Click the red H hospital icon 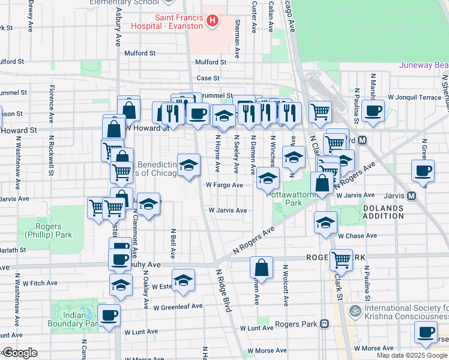[211, 22]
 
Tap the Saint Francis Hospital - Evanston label [179, 22]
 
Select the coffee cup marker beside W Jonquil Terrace [373, 111]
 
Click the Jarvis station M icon [412, 196]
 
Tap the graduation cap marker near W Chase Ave [325, 223]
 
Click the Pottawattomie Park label [284, 199]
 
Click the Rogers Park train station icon [324, 324]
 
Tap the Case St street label [208, 78]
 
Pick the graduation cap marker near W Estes [183, 280]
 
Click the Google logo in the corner [19, 353]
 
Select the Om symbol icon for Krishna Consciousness [355, 311]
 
